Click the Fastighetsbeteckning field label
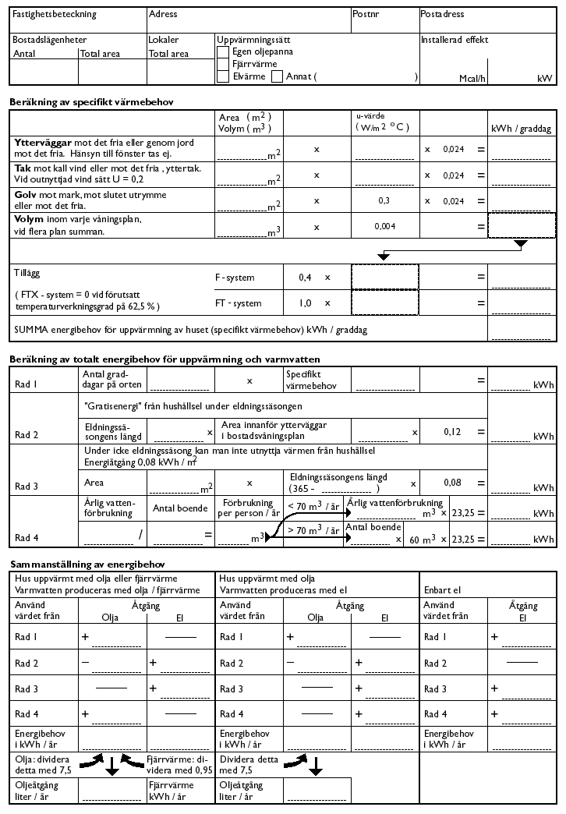pos(44,15)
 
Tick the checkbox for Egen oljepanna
pos(224,51)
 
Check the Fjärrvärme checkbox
pos(224,64)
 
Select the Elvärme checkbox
pos(224,76)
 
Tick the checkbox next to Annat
pos(278,76)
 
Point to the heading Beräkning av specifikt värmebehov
pos(91,102)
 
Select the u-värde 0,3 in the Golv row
pos(383,200)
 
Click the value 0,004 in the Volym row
pos(383,226)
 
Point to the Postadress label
pos(442,15)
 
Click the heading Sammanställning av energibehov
pos(87,564)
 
